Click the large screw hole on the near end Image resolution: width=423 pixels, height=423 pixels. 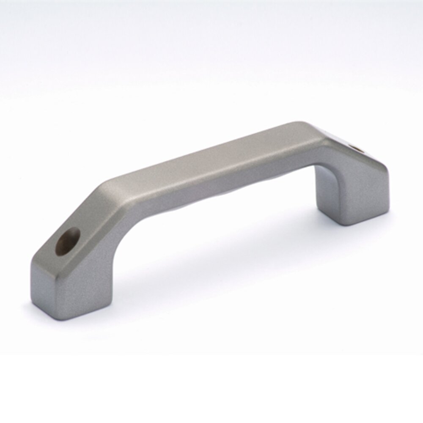[x=68, y=241]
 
